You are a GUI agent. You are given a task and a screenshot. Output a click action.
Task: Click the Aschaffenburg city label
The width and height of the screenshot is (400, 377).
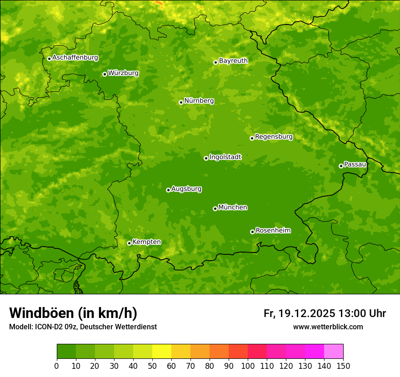pyautogui.click(x=75, y=58)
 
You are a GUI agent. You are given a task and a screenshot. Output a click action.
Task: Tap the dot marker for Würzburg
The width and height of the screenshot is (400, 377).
pyautogui.click(x=105, y=74)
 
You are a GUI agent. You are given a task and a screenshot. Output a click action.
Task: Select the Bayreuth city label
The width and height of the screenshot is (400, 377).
pyautogui.click(x=233, y=61)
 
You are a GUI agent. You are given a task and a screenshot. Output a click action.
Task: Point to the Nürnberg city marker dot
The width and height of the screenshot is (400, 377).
pyautogui.click(x=181, y=102)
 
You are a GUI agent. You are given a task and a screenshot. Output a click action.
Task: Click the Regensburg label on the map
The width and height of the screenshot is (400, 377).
pyautogui.click(x=274, y=137)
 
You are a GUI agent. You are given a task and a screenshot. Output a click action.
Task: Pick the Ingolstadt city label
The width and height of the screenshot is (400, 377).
pyautogui.click(x=225, y=157)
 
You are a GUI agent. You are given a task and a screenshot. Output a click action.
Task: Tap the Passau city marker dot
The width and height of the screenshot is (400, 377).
pyautogui.click(x=341, y=166)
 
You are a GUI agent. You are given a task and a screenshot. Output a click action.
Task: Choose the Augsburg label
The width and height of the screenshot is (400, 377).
pyautogui.click(x=186, y=189)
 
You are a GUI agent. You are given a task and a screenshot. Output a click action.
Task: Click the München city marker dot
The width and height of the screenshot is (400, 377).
pyautogui.click(x=215, y=208)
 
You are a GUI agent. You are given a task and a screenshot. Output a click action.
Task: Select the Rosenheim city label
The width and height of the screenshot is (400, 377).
pyautogui.click(x=273, y=231)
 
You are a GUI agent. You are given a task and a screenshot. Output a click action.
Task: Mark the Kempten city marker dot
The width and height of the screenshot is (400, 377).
pyautogui.click(x=129, y=243)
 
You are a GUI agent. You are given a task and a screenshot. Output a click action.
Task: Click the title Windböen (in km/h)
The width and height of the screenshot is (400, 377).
pyautogui.click(x=73, y=313)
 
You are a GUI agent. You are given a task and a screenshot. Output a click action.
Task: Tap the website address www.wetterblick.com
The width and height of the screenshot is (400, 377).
pyautogui.click(x=328, y=327)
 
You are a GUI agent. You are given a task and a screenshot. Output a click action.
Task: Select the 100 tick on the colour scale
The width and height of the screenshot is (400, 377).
pyautogui.click(x=248, y=366)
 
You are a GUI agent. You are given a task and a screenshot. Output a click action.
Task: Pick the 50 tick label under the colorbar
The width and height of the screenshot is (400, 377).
pyautogui.click(x=152, y=366)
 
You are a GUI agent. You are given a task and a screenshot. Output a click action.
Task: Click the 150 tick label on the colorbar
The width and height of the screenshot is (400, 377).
pyautogui.click(x=343, y=366)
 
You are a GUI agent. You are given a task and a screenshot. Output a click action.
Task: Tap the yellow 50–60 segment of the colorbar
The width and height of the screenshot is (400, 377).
pyautogui.click(x=162, y=352)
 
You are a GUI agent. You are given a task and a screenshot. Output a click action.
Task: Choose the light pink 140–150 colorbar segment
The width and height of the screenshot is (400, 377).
pyautogui.click(x=334, y=352)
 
